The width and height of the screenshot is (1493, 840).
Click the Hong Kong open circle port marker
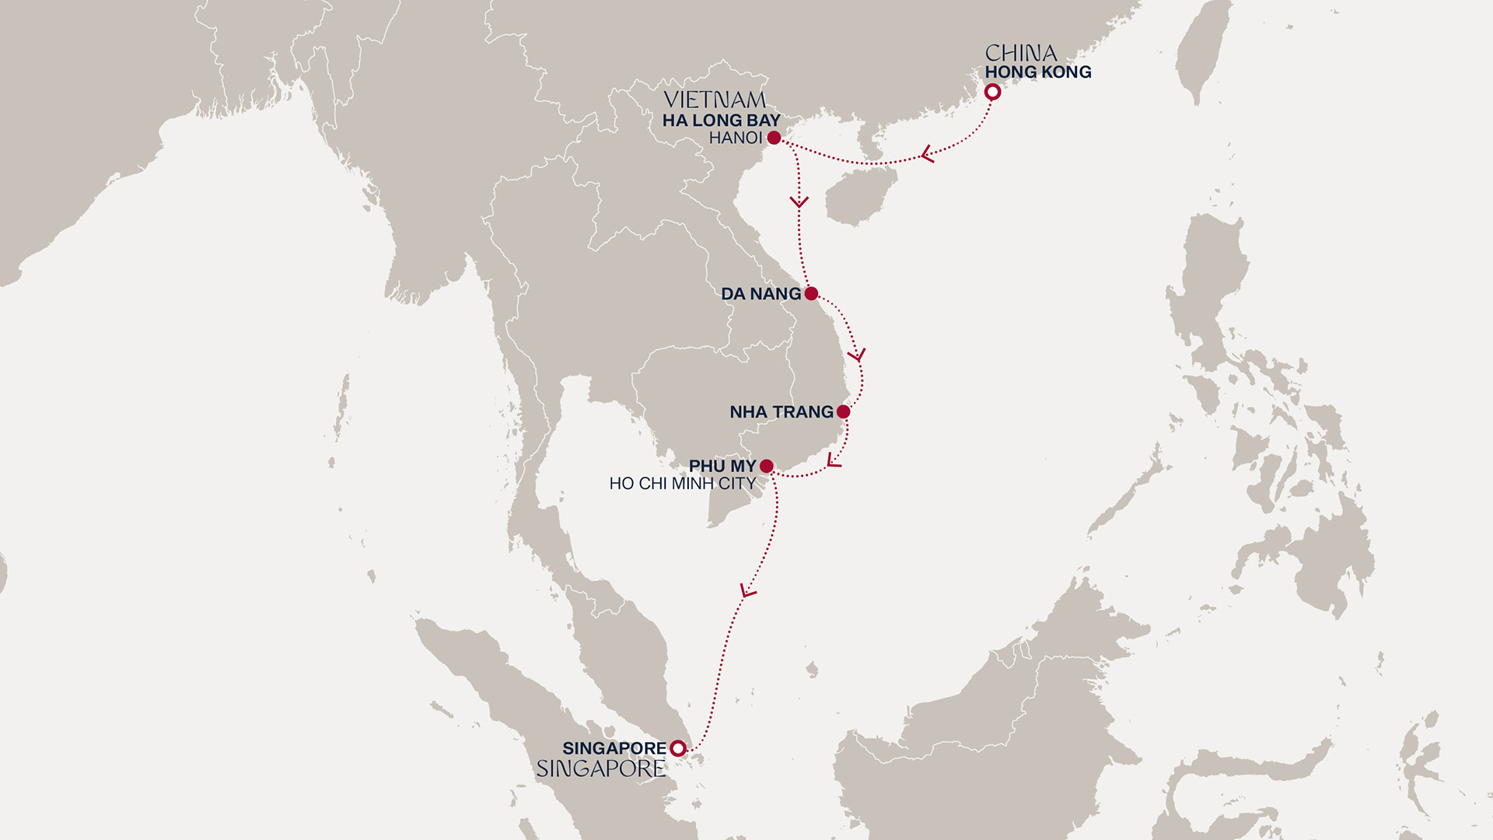tap(992, 93)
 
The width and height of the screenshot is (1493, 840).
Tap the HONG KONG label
tap(1037, 72)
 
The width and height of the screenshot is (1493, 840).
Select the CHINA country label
tap(1020, 53)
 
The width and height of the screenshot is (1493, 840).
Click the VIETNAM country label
tap(714, 100)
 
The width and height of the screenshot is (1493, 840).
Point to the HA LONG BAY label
tap(721, 121)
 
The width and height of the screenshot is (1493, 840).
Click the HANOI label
tap(735, 138)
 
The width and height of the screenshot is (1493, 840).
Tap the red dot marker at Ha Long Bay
tap(774, 138)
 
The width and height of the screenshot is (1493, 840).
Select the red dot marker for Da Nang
tap(811, 293)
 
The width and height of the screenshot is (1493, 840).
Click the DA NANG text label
tap(760, 294)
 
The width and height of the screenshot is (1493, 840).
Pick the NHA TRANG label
tap(781, 412)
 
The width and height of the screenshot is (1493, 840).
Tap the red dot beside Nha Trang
tap(843, 411)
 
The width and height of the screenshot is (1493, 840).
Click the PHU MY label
tap(722, 466)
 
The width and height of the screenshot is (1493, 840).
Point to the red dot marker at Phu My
tap(766, 466)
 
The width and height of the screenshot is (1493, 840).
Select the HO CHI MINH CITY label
tap(682, 484)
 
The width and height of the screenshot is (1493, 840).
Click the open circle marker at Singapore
tap(678, 748)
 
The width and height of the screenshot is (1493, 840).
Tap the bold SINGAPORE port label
tap(614, 748)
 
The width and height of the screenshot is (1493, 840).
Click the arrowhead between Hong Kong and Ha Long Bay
tap(925, 155)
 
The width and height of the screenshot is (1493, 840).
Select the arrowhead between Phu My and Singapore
tap(747, 591)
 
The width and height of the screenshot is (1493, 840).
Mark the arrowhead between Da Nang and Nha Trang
tap(857, 355)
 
